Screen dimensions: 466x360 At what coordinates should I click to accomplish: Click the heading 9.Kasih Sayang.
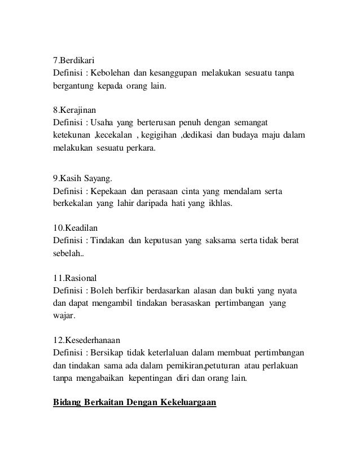[x=83, y=181]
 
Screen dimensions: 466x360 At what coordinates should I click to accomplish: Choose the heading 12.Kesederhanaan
[x=87, y=341]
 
